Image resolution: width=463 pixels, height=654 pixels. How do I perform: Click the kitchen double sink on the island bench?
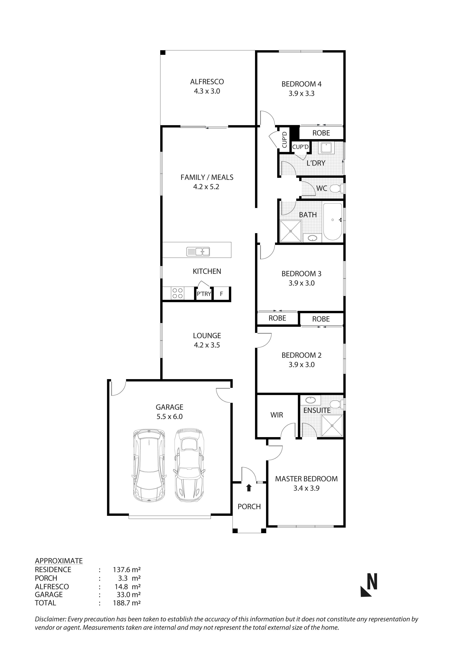pos(198,252)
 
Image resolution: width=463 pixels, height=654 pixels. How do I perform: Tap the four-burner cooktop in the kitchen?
pos(178,293)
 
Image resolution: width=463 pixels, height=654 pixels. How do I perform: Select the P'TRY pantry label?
pos(204,294)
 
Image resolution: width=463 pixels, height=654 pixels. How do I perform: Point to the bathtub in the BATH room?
pos(333,222)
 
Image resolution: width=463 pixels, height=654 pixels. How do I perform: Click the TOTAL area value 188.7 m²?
pos(127,603)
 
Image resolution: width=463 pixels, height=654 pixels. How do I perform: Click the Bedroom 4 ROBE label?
pos(321,133)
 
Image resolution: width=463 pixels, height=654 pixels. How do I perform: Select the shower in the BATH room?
pos(290,231)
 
